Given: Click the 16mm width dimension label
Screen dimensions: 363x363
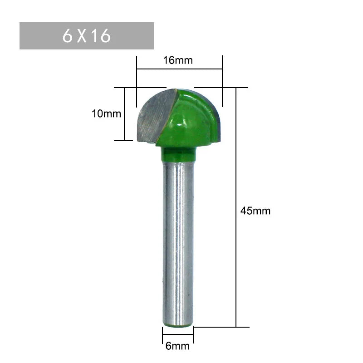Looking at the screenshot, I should tap(178, 60).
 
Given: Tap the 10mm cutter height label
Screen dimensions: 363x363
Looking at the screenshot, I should tap(106, 113).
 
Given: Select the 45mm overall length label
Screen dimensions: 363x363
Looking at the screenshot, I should tap(255, 211).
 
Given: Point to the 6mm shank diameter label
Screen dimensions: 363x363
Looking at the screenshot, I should tap(177, 347).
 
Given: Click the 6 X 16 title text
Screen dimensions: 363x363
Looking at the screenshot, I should tap(87, 36).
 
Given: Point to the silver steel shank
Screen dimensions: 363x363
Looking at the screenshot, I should tap(178, 240).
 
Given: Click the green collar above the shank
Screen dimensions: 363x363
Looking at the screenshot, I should tap(178, 154).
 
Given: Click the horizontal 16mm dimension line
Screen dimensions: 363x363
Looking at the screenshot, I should tap(179, 69).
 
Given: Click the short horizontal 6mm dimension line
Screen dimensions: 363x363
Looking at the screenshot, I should tap(178, 337).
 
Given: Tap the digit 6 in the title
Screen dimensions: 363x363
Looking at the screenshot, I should tap(68, 36).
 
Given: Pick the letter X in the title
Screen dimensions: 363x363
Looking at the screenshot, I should tap(82, 36).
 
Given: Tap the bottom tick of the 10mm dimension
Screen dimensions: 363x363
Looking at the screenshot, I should tap(123, 141).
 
